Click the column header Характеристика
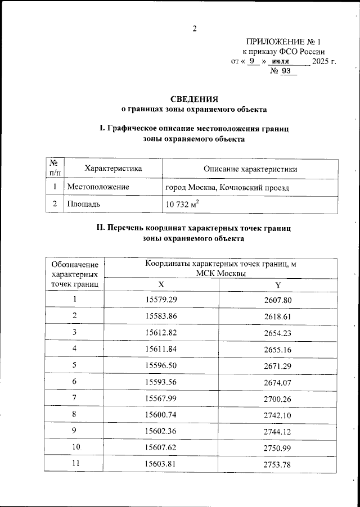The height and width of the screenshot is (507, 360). click(112, 169)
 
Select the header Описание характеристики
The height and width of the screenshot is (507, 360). click(250, 169)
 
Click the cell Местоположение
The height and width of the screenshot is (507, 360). click(98, 186)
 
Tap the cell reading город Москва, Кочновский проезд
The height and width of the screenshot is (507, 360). click(228, 186)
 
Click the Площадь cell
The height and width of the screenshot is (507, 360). click(84, 204)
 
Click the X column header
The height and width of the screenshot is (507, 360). click(161, 284)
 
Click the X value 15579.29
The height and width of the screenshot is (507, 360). click(161, 300)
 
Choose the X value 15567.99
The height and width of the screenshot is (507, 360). click(161, 399)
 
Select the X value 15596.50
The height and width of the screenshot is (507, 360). click(161, 365)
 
